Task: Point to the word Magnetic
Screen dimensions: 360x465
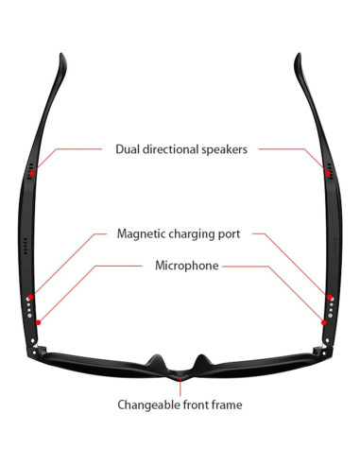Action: click(x=143, y=232)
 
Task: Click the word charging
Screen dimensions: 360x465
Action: click(x=197, y=232)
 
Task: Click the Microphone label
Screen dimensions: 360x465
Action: click(x=186, y=267)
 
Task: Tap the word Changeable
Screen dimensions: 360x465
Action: click(x=148, y=405)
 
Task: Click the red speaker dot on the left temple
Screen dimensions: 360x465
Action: click(x=31, y=173)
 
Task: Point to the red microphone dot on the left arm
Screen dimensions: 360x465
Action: click(x=38, y=321)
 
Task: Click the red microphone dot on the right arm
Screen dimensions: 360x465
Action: click(x=323, y=321)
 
